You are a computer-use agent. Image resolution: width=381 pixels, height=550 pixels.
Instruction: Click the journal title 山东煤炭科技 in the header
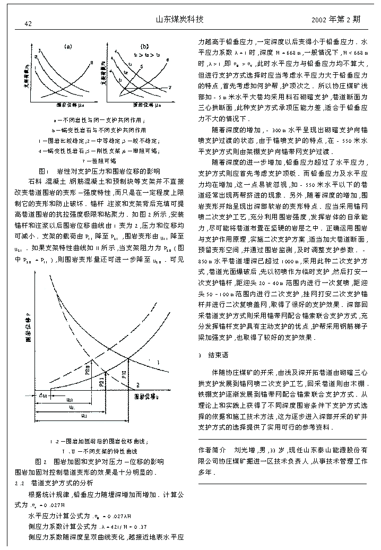coord(179,20)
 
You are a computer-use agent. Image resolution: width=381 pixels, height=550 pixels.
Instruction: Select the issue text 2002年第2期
coord(336,20)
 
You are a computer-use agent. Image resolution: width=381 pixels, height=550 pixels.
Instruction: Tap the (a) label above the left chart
coord(68,46)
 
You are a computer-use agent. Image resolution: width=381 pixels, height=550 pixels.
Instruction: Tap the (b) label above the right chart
coord(144,46)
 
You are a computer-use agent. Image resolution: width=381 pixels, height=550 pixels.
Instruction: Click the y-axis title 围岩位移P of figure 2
coord(28,332)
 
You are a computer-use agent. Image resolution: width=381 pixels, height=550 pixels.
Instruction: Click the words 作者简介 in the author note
coord(213,450)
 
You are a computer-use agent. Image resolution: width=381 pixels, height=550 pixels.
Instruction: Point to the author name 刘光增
coord(246,450)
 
